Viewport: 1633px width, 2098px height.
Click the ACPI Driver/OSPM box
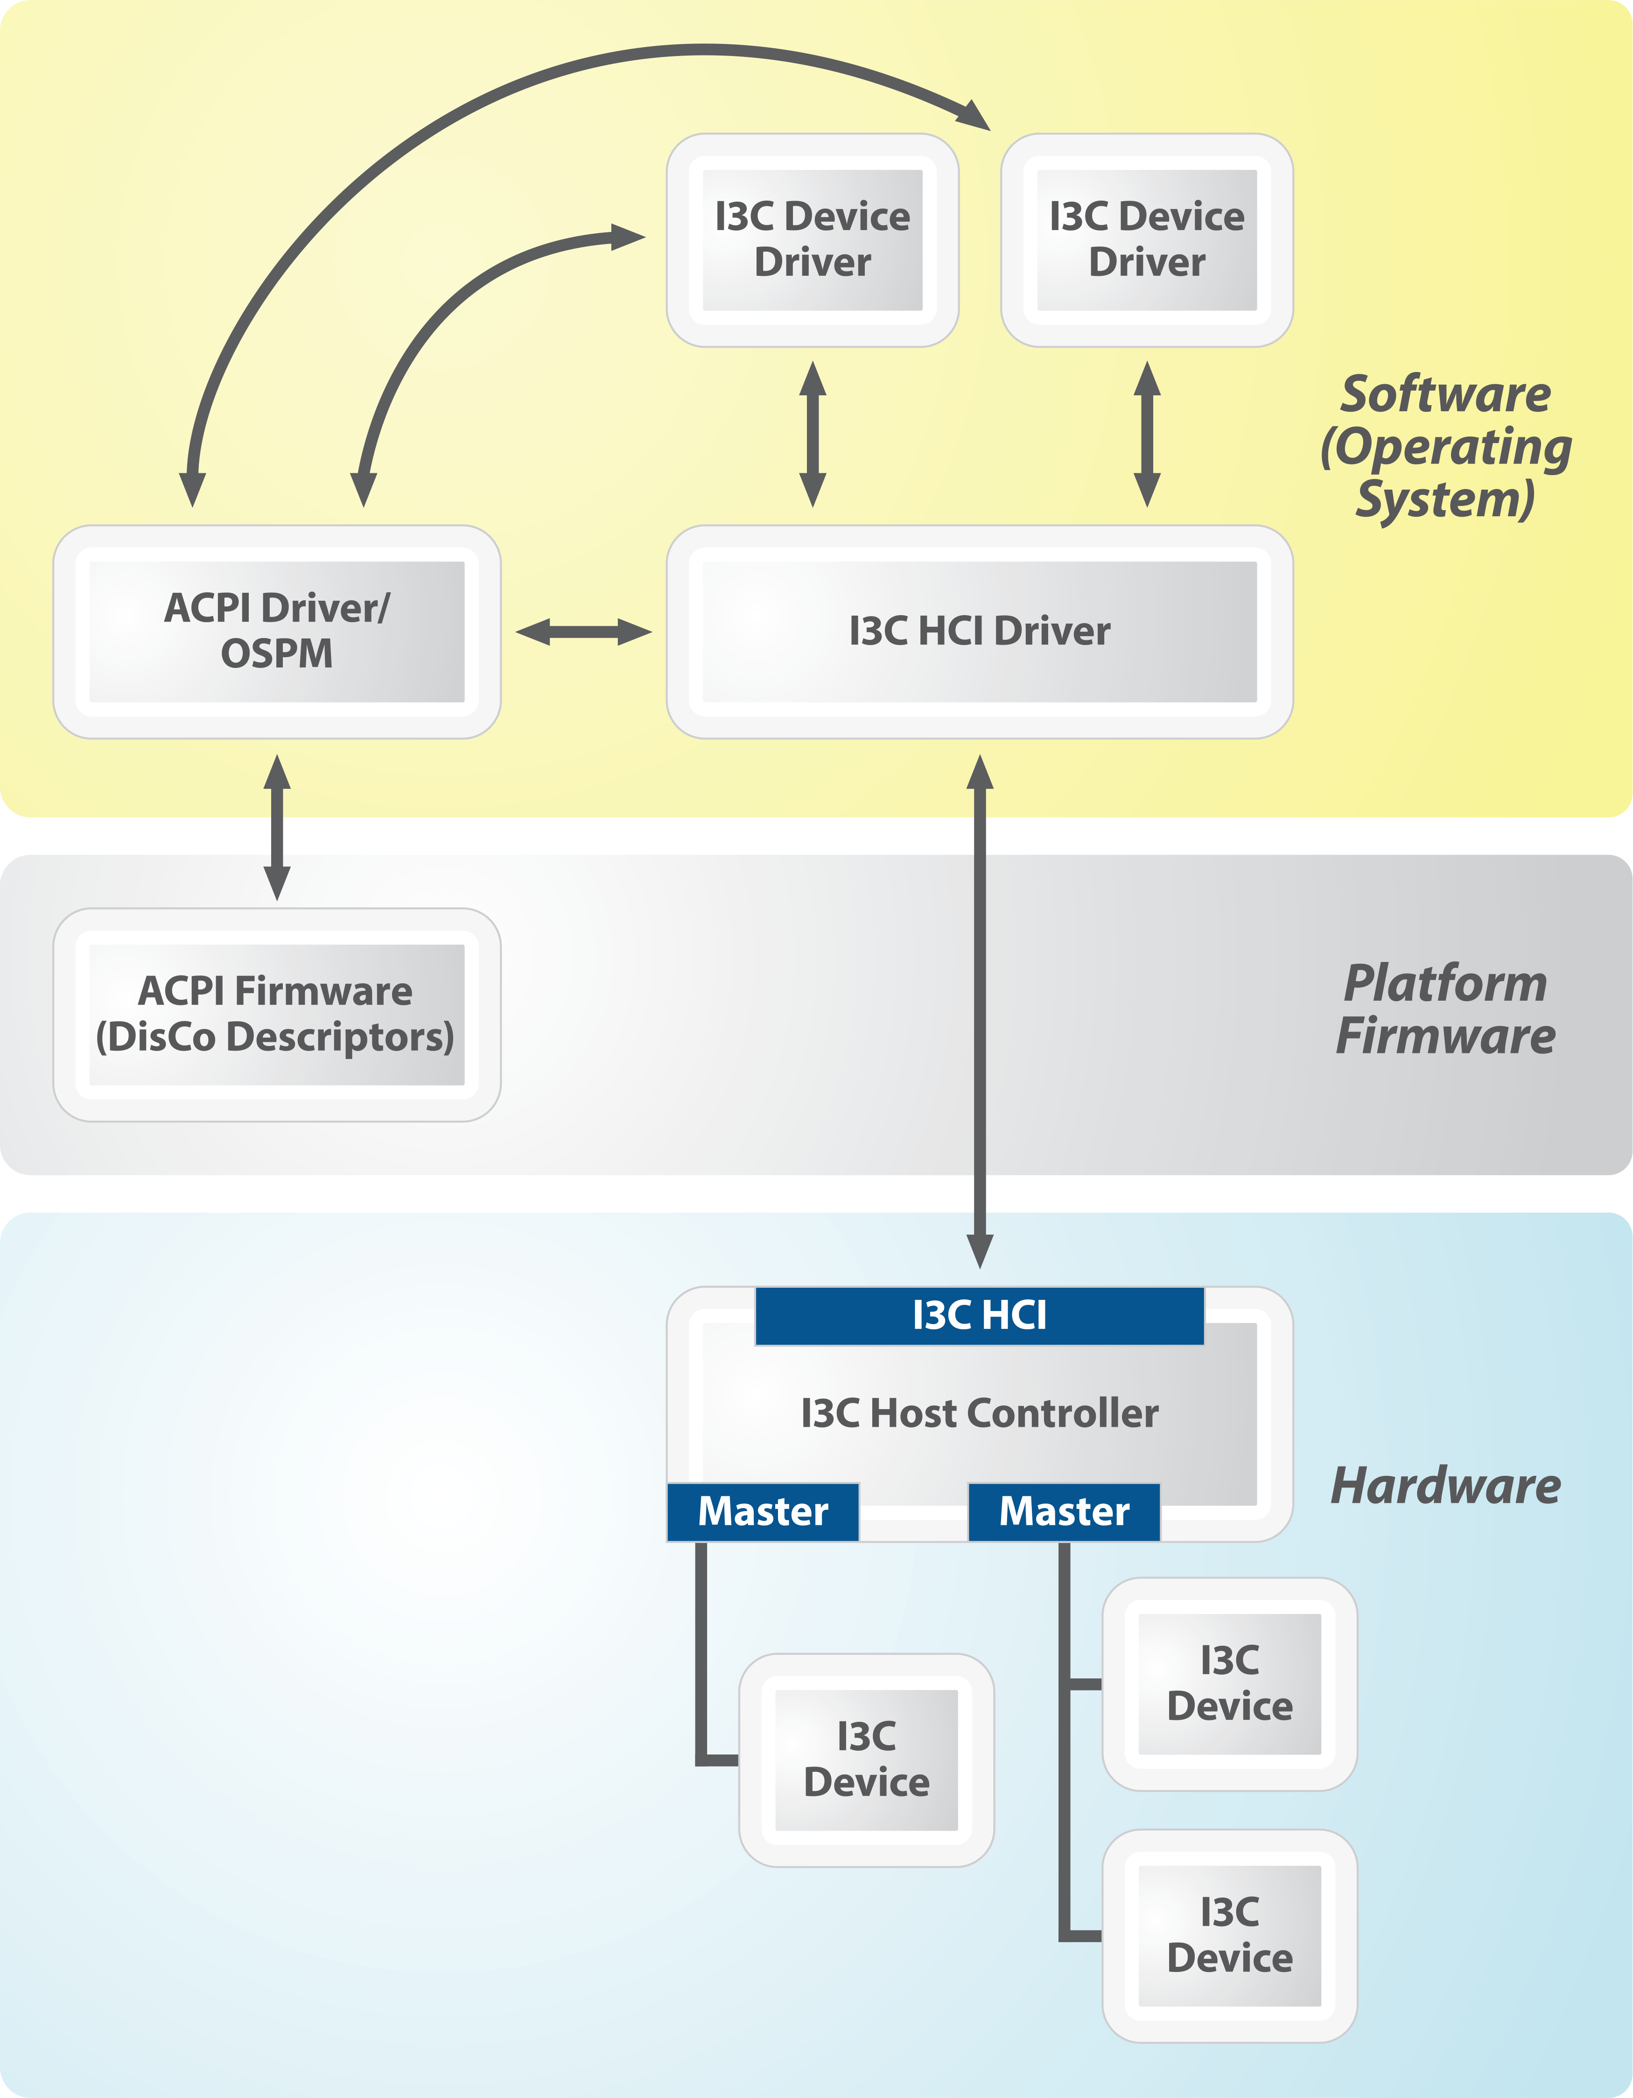coord(277,631)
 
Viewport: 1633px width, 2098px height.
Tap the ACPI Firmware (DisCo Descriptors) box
coord(277,1014)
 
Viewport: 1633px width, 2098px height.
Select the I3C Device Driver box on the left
coord(813,240)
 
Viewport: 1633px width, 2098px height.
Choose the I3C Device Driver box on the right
coord(1147,240)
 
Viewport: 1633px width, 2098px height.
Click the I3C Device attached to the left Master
coord(867,1760)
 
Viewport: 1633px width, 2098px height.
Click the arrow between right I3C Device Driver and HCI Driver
coord(1147,434)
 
